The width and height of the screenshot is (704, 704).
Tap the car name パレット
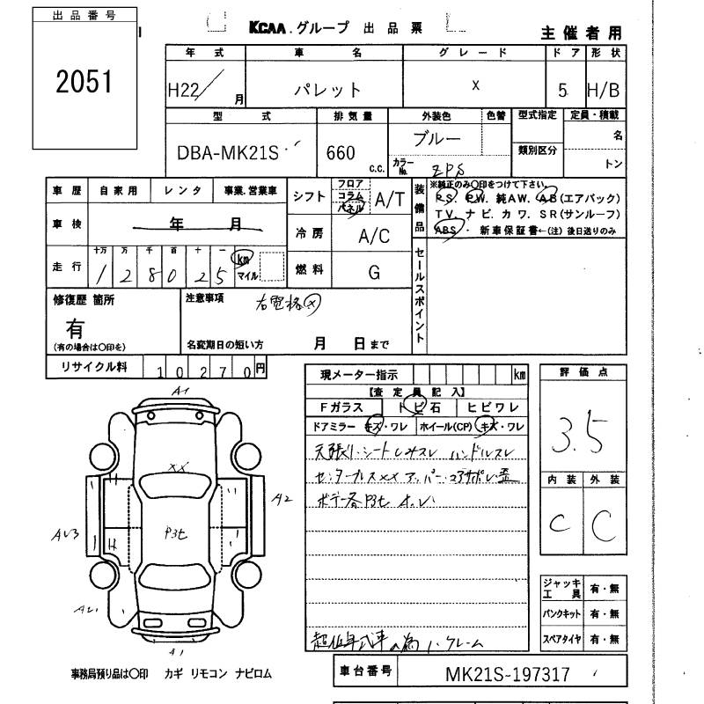[x=327, y=89]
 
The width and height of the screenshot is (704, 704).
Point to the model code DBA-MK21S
[x=223, y=152]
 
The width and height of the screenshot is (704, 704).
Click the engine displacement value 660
[x=341, y=153]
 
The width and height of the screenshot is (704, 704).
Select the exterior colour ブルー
[x=437, y=140]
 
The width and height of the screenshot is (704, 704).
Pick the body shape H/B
[x=604, y=87]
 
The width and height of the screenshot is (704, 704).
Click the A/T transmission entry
[x=388, y=200]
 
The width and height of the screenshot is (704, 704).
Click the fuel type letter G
[x=373, y=274]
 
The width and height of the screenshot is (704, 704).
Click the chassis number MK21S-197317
[x=507, y=675]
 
